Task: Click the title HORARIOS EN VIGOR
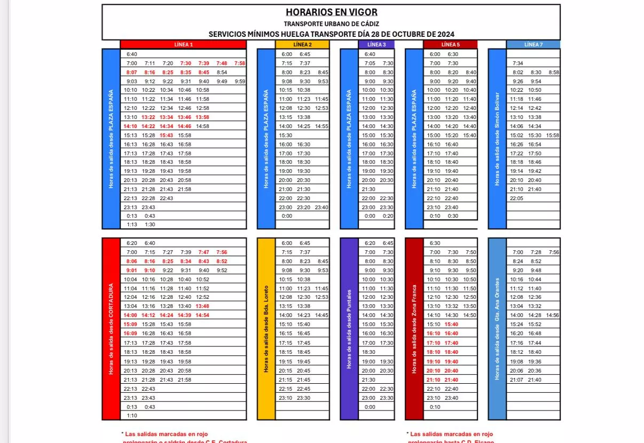pos(331,12)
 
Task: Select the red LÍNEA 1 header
pos(184,45)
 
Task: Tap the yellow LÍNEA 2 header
pos(302,45)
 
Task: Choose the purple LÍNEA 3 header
pos(376,45)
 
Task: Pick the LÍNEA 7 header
pos(533,45)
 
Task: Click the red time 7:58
pos(239,63)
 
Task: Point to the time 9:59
pos(240,81)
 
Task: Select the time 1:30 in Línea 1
pos(150,225)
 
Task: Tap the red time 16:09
pos(130,334)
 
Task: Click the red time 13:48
pos(202,306)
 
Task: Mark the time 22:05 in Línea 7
pos(516,198)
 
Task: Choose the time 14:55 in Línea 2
pos(321,126)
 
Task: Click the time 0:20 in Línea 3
pos(388,216)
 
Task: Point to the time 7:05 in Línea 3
pos(370,63)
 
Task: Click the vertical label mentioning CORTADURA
pos(111,328)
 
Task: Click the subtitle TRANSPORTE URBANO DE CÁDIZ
pos(331,24)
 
